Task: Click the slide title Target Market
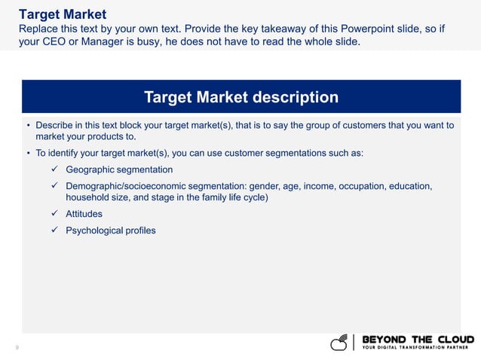tap(63, 14)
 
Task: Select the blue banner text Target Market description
tap(240, 97)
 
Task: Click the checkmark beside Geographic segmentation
tap(54, 169)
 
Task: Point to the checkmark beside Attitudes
tap(54, 214)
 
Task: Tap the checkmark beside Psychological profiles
tap(54, 230)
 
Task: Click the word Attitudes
tap(84, 214)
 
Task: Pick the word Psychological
tap(94, 230)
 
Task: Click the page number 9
tap(17, 348)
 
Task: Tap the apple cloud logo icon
tap(341, 343)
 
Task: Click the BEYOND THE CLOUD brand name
tap(418, 339)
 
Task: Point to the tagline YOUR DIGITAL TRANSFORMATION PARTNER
tap(418, 348)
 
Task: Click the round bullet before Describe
tap(28, 126)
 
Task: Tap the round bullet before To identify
tap(28, 153)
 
